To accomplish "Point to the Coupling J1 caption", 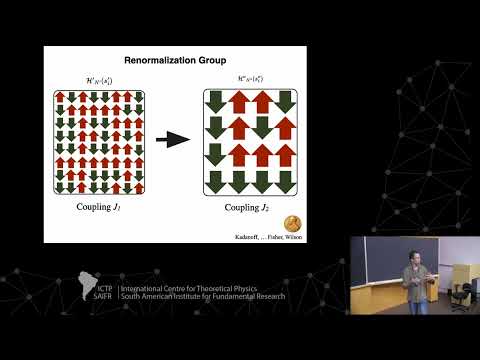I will tap(102, 208).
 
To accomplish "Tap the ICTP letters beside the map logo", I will tap(106, 281).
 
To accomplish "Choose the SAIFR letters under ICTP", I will tap(105, 296).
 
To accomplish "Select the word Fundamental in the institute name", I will tap(228, 296).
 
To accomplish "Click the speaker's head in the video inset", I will tap(408, 257).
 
